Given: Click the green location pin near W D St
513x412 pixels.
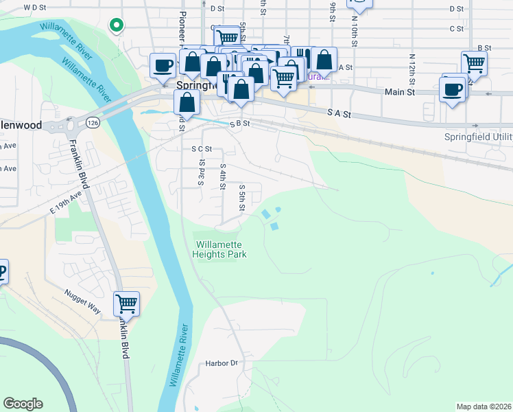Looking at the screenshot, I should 117,25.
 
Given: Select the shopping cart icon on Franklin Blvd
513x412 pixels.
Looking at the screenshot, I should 126,302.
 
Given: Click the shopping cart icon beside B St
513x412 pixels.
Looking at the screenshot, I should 474,63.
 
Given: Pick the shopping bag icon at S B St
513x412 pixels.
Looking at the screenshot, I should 187,103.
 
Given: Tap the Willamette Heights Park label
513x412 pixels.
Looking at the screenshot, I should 221,249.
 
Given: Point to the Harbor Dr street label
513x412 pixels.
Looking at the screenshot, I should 221,363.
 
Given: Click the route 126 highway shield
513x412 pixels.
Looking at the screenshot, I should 92,122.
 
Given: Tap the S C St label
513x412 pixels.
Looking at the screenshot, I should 202,148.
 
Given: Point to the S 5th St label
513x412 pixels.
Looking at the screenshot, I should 242,197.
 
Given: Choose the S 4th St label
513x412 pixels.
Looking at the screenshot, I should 223,176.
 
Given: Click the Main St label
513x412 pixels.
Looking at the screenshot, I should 400,91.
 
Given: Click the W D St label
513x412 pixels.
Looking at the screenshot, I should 34,7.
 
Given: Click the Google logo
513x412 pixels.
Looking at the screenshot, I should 23,404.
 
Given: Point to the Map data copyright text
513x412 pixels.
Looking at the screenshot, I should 483,407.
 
